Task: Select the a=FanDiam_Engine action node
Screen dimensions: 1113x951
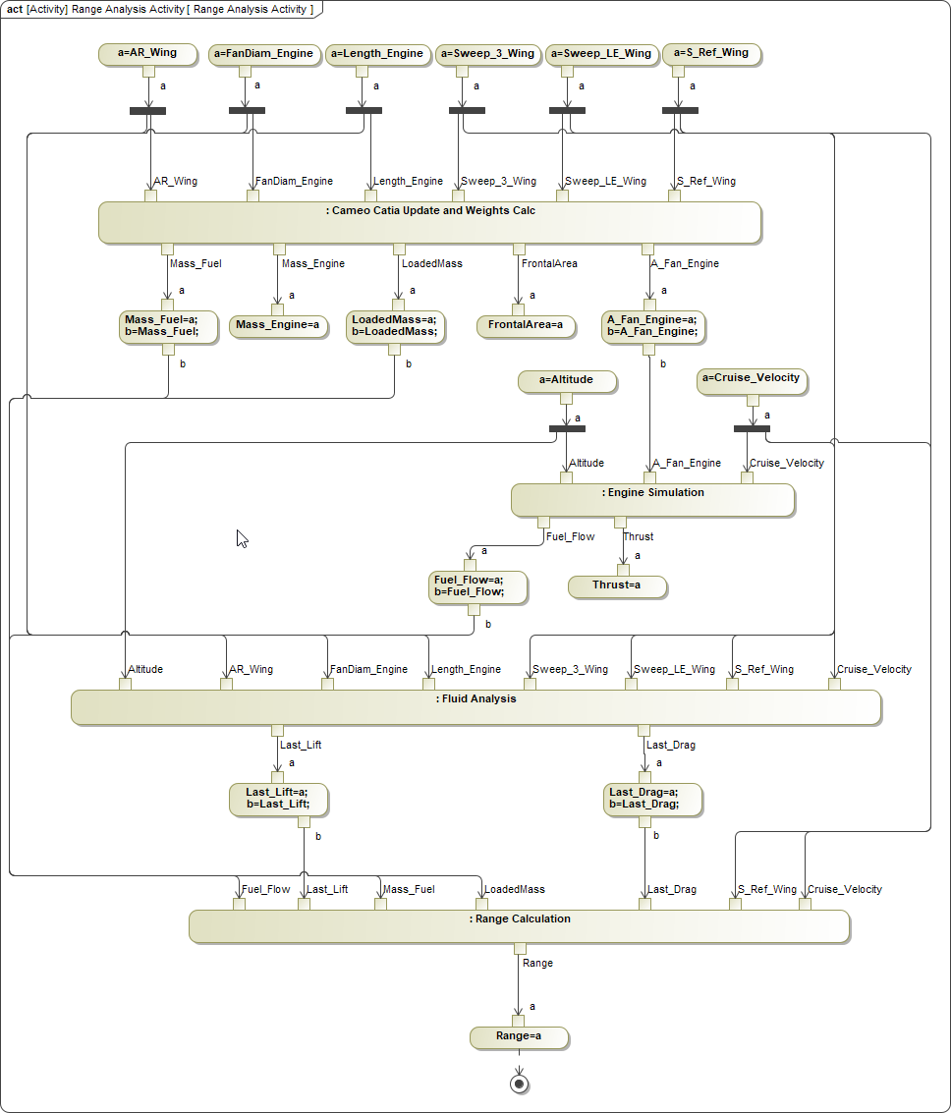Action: (x=264, y=54)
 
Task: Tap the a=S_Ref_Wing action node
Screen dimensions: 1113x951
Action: (x=712, y=54)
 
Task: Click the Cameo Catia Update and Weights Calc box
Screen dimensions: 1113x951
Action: (x=429, y=221)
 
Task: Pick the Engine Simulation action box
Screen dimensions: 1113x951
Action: (x=652, y=499)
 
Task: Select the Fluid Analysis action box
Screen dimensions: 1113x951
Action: (x=475, y=706)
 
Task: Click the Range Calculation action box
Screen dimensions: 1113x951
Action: (x=519, y=926)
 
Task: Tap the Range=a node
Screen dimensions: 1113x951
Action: (x=519, y=1036)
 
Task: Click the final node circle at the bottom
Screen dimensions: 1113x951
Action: (x=519, y=1083)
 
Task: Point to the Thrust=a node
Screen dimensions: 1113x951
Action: (x=617, y=586)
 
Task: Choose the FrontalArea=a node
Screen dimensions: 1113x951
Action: (x=526, y=325)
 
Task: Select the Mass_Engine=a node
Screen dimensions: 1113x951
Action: (x=278, y=325)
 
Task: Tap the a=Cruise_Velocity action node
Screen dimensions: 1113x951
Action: (x=753, y=379)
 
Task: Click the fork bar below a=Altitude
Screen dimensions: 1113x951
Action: (x=567, y=428)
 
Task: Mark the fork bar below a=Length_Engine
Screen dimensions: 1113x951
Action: (x=364, y=110)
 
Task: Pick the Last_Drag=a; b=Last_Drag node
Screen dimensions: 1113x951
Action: (x=643, y=799)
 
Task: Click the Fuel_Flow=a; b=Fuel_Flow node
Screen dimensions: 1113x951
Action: (x=475, y=586)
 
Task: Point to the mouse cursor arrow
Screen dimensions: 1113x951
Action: (x=241, y=536)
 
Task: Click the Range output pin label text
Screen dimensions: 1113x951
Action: (x=537, y=964)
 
